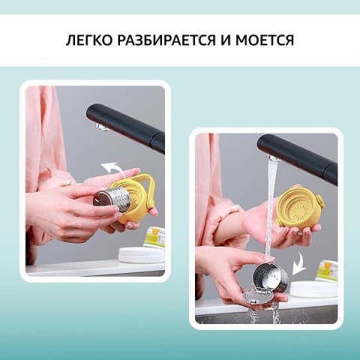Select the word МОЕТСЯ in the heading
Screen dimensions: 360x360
265,40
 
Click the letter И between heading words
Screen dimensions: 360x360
226,40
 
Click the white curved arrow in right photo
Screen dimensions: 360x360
299,265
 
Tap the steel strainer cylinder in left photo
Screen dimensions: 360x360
111,201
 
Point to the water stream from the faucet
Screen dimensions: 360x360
271,208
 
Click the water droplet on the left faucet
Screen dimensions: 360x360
101,127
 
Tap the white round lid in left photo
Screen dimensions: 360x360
142,255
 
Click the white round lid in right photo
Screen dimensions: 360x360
313,289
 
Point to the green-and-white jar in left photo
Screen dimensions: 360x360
155,236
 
